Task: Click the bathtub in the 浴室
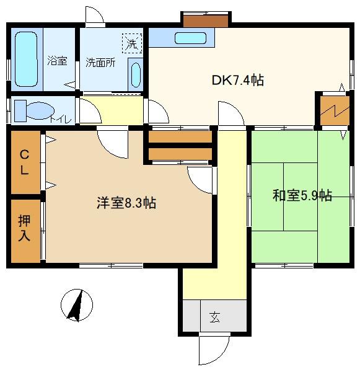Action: [x=26, y=59]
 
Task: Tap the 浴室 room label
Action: [x=57, y=61]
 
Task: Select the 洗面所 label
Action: [x=100, y=63]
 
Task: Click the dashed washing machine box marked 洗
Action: [x=132, y=43]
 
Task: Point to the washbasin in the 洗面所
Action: [x=136, y=75]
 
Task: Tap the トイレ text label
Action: [x=60, y=119]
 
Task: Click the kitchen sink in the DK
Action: [x=190, y=38]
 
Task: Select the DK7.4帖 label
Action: [x=238, y=80]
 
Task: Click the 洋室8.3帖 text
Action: [x=126, y=203]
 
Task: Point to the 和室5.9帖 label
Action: [x=302, y=195]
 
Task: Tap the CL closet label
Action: [x=24, y=162]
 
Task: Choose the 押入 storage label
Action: [x=24, y=228]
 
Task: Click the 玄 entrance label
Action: [x=214, y=317]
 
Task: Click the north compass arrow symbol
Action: [x=77, y=305]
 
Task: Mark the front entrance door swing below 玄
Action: [x=214, y=348]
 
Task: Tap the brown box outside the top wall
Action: [x=206, y=21]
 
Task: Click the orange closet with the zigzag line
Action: [x=335, y=110]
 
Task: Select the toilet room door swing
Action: [x=90, y=111]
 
